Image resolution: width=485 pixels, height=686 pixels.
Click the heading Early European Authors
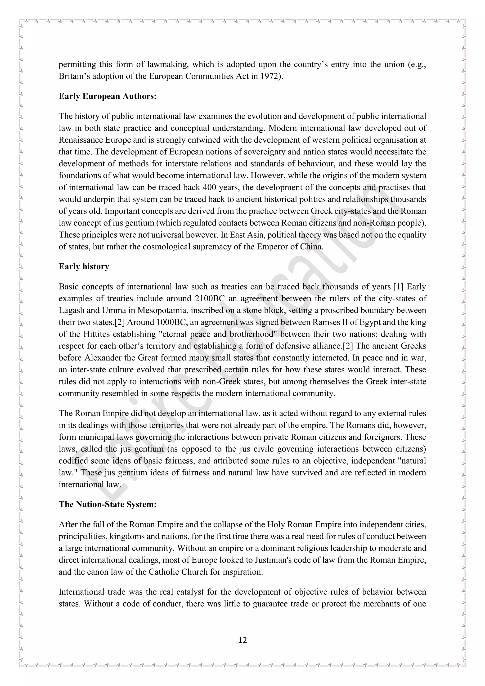coord(108,96)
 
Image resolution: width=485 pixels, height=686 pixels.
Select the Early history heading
coord(84,266)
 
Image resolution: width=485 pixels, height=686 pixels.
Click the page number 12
coord(242,640)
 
